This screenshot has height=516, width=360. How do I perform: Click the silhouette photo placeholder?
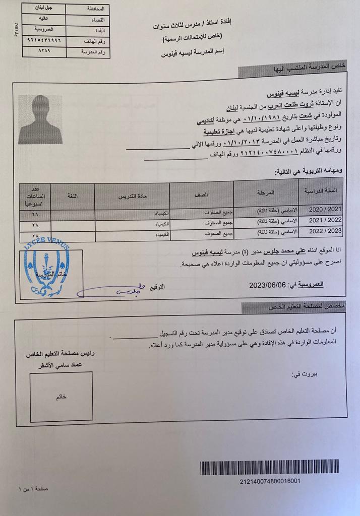click(x=40, y=119)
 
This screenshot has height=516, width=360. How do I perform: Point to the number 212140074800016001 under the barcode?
click(x=270, y=481)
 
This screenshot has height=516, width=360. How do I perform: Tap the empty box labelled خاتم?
click(x=61, y=396)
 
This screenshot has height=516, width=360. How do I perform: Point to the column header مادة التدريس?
click(x=132, y=195)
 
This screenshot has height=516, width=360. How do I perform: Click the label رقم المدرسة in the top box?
click(x=94, y=52)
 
